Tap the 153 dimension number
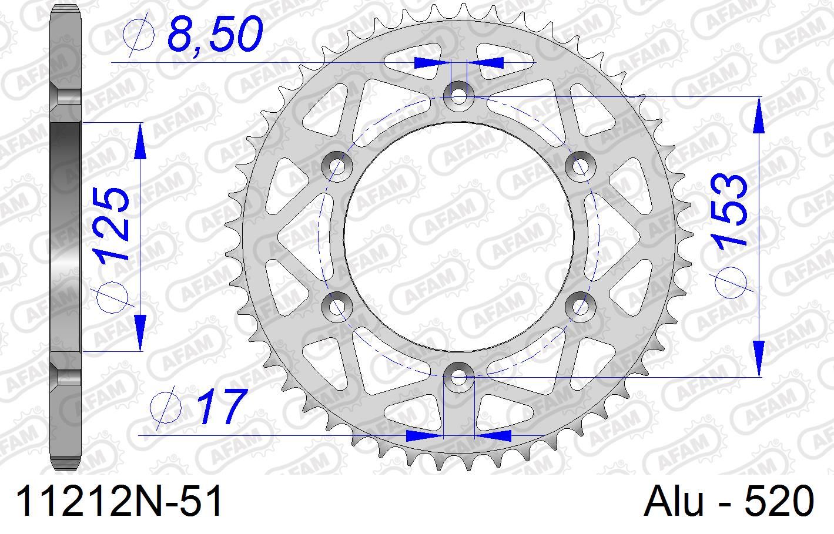(x=729, y=209)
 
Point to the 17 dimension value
(x=220, y=407)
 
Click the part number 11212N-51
(x=120, y=503)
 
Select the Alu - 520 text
(x=729, y=503)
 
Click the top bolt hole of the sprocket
(x=458, y=94)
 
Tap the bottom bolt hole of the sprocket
(x=458, y=376)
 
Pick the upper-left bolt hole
(x=337, y=165)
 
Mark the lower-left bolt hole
(x=337, y=305)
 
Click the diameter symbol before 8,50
(x=139, y=36)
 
